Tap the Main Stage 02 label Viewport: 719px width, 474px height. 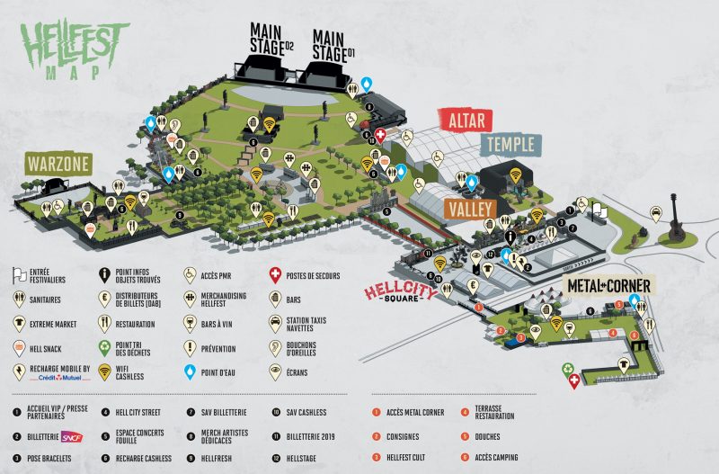point(271,39)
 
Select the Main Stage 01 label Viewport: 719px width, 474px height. point(333,44)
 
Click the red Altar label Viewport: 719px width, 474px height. point(466,119)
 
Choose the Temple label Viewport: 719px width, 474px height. point(510,143)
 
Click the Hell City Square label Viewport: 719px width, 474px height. point(399,293)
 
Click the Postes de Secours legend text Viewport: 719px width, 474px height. point(315,276)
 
